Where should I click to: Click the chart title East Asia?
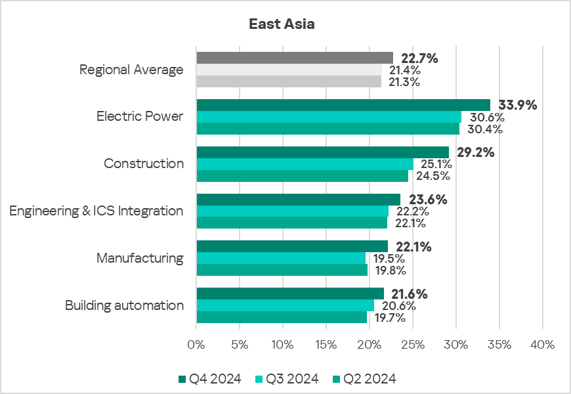(x=282, y=24)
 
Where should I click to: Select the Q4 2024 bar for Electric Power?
(x=343, y=105)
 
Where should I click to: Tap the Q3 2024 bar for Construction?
(x=305, y=164)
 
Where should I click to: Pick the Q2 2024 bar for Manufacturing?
(x=282, y=270)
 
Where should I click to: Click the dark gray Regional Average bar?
(x=295, y=58)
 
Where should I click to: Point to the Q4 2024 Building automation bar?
(x=290, y=294)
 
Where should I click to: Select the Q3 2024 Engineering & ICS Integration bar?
(x=292, y=211)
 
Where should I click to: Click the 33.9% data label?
(x=518, y=105)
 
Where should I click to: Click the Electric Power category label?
(x=140, y=117)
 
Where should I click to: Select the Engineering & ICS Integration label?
(x=96, y=211)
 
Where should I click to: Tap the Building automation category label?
(x=124, y=305)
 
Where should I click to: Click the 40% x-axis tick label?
(x=542, y=344)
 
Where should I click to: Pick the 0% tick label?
(x=196, y=344)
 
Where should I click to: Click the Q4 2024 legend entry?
(x=210, y=378)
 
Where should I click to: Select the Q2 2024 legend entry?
(x=365, y=378)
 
